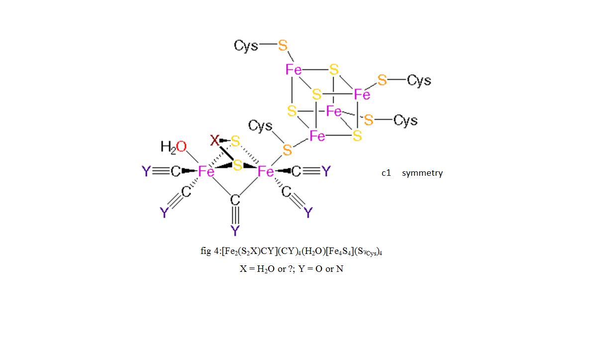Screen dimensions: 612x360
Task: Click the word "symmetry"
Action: pyautogui.click(x=422, y=173)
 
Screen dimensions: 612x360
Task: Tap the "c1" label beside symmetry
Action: pyautogui.click(x=386, y=173)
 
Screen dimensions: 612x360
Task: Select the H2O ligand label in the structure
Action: pyautogui.click(x=174, y=147)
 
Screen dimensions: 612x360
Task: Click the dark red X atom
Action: pyautogui.click(x=214, y=140)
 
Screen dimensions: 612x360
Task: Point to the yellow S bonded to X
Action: pyautogui.click(x=235, y=141)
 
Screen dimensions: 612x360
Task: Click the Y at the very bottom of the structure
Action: pyautogui.click(x=235, y=231)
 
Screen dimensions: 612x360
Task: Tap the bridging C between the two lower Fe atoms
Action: pyautogui.click(x=235, y=200)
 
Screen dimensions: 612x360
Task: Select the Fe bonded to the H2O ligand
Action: pyautogui.click(x=206, y=171)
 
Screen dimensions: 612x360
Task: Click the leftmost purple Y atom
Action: pyautogui.click(x=146, y=171)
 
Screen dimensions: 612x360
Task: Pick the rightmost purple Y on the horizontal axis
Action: pyautogui.click(x=326, y=171)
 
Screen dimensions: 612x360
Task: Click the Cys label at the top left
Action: pyautogui.click(x=246, y=46)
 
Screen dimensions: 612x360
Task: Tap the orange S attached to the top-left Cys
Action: pyautogui.click(x=283, y=45)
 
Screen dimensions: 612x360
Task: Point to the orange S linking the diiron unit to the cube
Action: pyautogui.click(x=287, y=150)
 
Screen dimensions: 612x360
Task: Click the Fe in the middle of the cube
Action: pyautogui.click(x=333, y=111)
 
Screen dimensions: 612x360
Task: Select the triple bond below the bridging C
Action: pyautogui.click(x=235, y=216)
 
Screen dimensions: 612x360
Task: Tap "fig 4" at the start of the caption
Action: pyautogui.click(x=209, y=251)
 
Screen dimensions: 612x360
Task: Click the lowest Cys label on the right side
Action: pyautogui.click(x=406, y=120)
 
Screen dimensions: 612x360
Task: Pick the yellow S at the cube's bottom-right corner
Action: pyautogui.click(x=357, y=135)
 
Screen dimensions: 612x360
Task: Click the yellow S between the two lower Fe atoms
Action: pyautogui.click(x=237, y=165)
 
